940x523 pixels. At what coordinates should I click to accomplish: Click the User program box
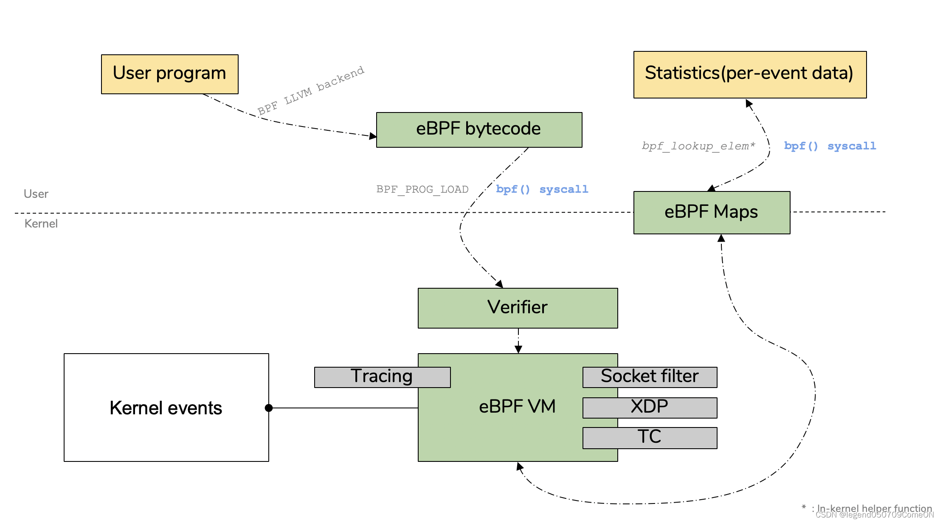tap(169, 74)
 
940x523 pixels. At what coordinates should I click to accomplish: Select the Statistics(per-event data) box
tap(749, 74)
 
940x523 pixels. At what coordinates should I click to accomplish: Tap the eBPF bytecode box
tap(478, 129)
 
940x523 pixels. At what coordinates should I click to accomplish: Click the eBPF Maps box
tap(711, 212)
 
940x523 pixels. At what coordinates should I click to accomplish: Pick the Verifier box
tap(517, 308)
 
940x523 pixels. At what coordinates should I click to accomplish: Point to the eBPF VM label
tap(517, 406)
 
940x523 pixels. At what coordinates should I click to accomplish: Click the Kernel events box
tap(166, 408)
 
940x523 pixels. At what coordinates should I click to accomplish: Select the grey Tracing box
tap(382, 377)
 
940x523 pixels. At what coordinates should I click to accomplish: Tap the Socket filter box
tap(649, 377)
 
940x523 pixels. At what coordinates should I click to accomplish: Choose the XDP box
tap(649, 407)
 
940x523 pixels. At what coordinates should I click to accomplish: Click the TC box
tap(649, 437)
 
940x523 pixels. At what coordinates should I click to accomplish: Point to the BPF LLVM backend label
tap(311, 90)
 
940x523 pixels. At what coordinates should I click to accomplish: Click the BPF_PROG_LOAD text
tap(422, 189)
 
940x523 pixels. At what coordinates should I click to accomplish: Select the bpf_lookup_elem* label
tap(698, 146)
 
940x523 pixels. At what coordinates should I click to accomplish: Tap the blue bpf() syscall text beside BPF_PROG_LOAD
tap(542, 189)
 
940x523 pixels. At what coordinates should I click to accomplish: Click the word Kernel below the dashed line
tap(41, 224)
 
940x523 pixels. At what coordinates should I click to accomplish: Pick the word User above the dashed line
tap(36, 194)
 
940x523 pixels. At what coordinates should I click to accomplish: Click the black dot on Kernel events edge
tap(268, 408)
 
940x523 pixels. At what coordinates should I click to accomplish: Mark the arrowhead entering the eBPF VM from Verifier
tap(518, 349)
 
